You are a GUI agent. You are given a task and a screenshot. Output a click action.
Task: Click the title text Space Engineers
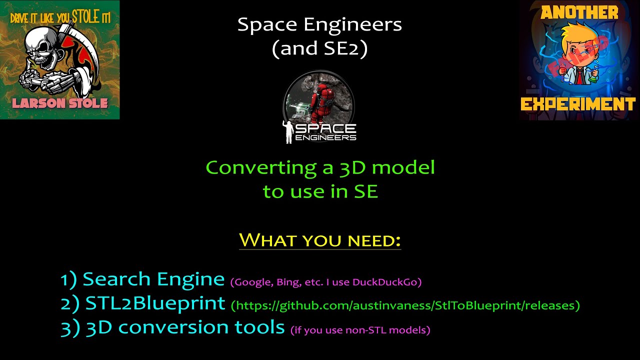click(x=319, y=24)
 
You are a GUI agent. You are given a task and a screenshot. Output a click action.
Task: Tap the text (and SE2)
click(x=319, y=48)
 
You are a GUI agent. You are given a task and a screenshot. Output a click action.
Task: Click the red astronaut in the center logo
click(x=320, y=103)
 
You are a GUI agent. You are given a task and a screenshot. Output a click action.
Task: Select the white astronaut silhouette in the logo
click(x=288, y=131)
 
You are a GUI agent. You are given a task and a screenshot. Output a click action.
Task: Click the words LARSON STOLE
click(x=60, y=103)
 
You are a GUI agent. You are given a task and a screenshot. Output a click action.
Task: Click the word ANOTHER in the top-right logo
click(x=579, y=13)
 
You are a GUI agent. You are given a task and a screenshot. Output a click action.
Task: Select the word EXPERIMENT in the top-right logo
click(x=578, y=104)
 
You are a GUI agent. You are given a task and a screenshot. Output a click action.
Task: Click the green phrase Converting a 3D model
click(x=320, y=167)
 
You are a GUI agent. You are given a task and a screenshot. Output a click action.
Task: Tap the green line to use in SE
click(x=320, y=191)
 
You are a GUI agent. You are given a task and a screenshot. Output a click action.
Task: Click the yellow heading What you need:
click(x=320, y=240)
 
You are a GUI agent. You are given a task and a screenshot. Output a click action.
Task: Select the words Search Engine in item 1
click(x=153, y=279)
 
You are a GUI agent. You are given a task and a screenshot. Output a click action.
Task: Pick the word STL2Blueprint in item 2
click(x=155, y=303)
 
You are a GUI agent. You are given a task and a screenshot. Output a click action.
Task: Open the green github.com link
click(x=405, y=305)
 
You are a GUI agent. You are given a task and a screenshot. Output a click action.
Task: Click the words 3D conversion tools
click(x=185, y=327)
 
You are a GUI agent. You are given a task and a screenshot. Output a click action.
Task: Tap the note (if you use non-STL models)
click(x=360, y=329)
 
